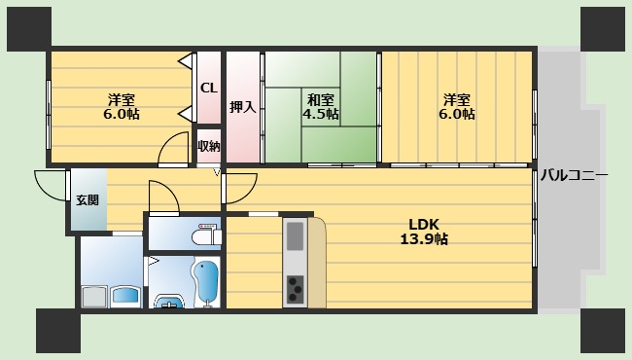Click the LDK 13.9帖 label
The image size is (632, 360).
point(424,232)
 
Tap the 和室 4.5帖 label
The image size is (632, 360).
point(321,106)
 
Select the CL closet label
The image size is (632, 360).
point(209,88)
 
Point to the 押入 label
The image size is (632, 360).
point(243,107)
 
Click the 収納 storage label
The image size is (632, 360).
point(209,146)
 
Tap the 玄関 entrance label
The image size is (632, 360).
point(88,200)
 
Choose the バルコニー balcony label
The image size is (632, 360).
point(574,175)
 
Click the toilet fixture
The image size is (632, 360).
point(206,234)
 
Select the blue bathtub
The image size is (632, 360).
point(206,282)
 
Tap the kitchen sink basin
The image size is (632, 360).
point(295,235)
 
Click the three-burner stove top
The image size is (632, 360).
point(296,289)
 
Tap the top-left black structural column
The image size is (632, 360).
point(29,29)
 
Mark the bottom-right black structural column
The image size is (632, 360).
point(603,331)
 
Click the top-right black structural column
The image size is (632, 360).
point(603,29)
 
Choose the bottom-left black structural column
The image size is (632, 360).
point(58,331)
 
